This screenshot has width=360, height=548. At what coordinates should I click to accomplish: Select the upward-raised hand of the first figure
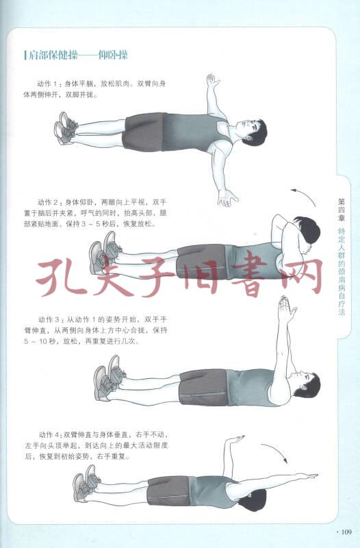pos(212,80)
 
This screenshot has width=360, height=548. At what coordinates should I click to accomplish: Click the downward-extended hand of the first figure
pos(228,198)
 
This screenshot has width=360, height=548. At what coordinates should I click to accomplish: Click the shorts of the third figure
pos(203,387)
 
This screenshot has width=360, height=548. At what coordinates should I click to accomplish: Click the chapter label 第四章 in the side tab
pos(341,210)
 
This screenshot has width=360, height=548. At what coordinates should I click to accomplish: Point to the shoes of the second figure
pos(105,253)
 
